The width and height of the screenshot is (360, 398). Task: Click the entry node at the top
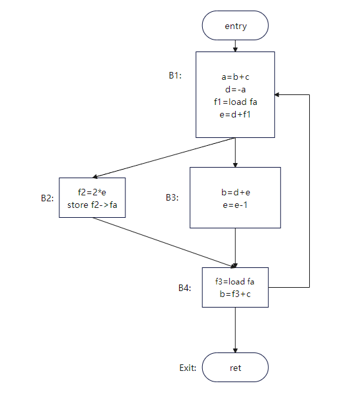[x=235, y=25]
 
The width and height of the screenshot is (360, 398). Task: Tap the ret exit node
[x=235, y=367]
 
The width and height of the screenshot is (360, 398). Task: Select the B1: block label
[x=175, y=75]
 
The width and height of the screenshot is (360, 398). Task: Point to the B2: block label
[x=48, y=198]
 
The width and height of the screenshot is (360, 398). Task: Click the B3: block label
[x=172, y=197]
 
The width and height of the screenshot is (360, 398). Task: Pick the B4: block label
[x=185, y=288]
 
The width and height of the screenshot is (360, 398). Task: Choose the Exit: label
[x=188, y=368]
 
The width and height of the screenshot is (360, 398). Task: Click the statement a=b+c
[x=236, y=77]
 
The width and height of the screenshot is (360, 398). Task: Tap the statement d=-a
[x=236, y=89]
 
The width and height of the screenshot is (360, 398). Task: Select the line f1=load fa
[x=236, y=102]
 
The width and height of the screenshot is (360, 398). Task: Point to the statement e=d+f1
[x=235, y=114]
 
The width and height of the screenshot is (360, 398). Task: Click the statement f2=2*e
[x=92, y=192]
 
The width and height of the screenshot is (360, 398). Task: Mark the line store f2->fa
[x=92, y=205]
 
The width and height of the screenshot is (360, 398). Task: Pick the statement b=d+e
[x=236, y=192]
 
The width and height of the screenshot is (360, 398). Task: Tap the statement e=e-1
[x=235, y=205]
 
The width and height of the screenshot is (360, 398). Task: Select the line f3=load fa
[x=234, y=281]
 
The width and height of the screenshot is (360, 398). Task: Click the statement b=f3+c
[x=235, y=294]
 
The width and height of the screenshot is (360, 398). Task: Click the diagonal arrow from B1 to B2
[x=164, y=158]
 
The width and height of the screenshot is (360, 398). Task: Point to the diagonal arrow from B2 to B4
[x=164, y=242]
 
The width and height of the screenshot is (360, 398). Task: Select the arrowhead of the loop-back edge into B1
[x=277, y=94]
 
